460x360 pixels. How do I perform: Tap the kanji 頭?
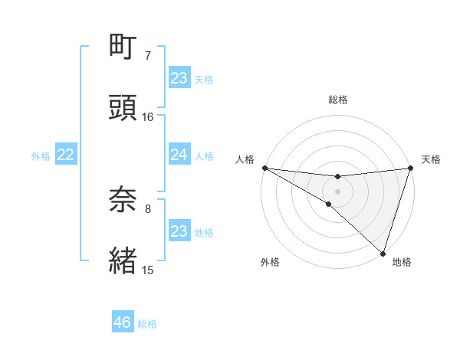[x=123, y=107]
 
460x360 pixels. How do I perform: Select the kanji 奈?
[x=123, y=200]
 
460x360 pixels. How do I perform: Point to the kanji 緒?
[x=123, y=260]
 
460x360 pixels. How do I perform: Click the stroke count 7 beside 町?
[x=148, y=56]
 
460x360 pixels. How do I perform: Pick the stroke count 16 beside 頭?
[x=148, y=116]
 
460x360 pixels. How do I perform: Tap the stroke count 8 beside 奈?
[x=148, y=208]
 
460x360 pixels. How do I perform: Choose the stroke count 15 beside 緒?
[x=148, y=269]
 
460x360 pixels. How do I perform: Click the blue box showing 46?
[x=123, y=322]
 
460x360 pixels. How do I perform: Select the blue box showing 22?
[x=66, y=155]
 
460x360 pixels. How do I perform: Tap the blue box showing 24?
[x=179, y=155]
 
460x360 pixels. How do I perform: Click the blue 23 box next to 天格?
[x=179, y=78]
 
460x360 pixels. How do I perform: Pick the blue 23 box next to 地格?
[x=179, y=231]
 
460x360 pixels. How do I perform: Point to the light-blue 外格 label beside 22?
[x=41, y=155]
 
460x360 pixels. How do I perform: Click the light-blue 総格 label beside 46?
[x=147, y=324]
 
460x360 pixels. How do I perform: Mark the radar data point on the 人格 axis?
[x=264, y=167]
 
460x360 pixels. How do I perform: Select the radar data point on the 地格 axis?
[x=383, y=253]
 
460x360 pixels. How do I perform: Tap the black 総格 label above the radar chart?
[x=338, y=100]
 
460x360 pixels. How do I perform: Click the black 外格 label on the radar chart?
[x=270, y=262]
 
